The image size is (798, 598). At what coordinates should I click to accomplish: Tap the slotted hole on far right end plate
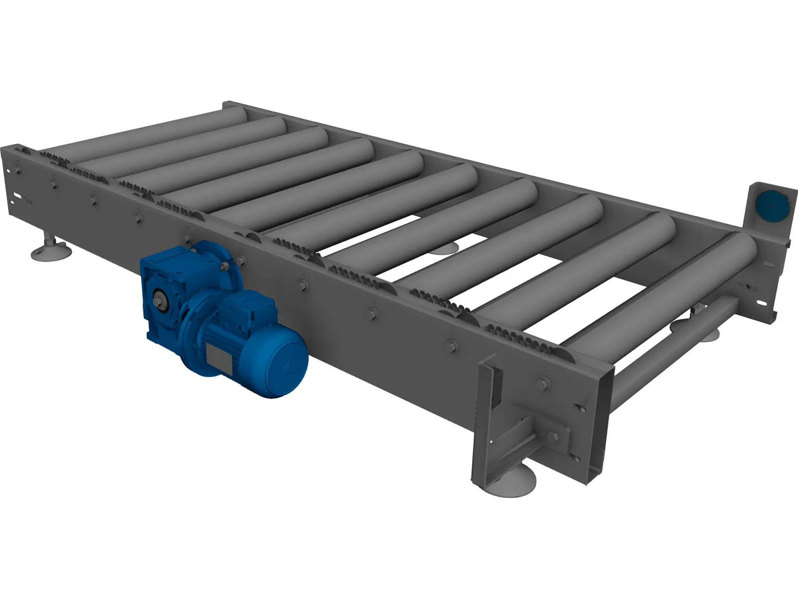pos(762,302)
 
